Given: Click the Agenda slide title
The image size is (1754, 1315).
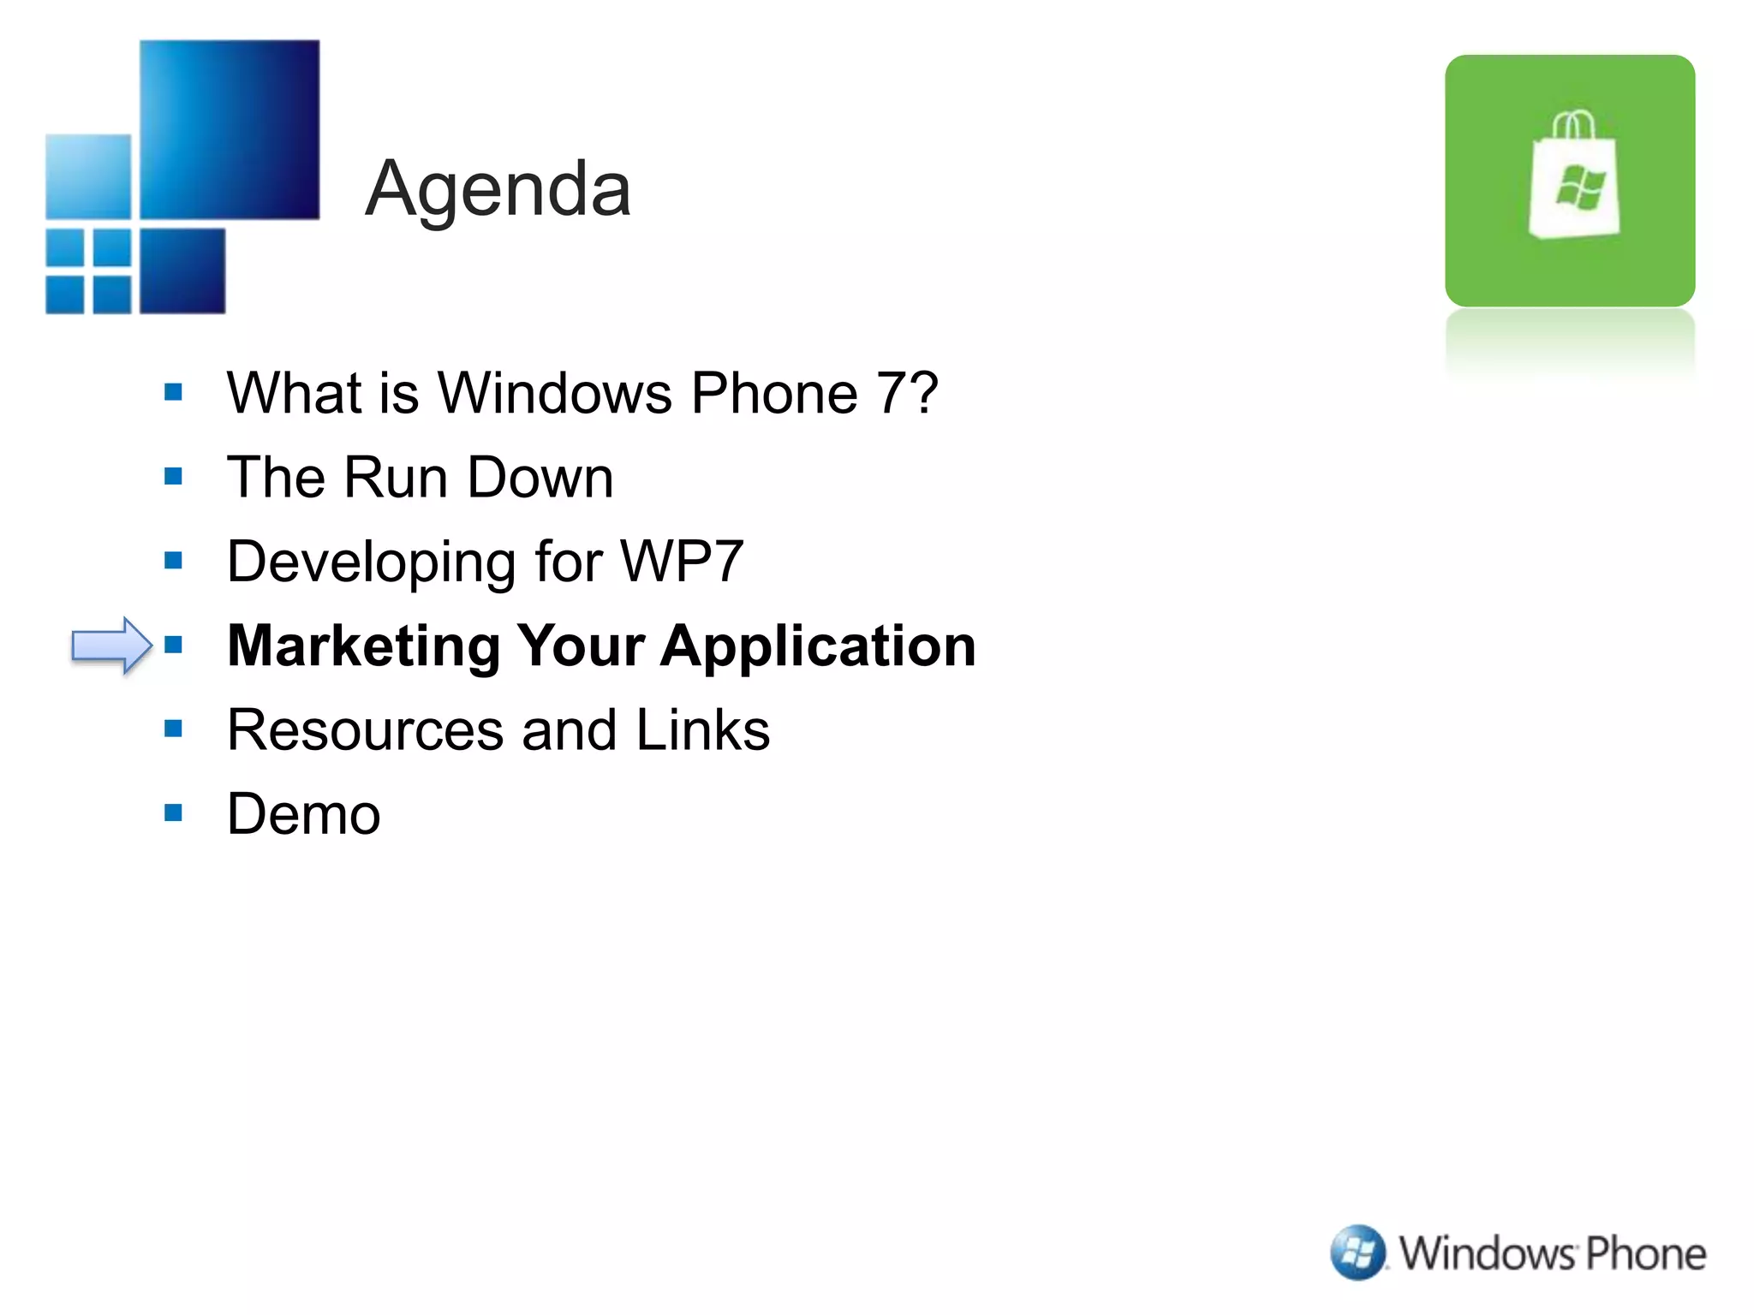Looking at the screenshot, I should click(x=498, y=190).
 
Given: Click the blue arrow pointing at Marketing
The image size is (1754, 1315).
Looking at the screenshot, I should click(x=110, y=645).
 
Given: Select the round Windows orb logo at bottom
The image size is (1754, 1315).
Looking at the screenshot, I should click(x=1357, y=1253).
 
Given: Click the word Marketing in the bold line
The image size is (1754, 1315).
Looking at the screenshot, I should click(x=364, y=646).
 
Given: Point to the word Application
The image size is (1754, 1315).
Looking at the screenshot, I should click(x=818, y=646).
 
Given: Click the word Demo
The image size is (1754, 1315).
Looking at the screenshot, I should click(x=304, y=813).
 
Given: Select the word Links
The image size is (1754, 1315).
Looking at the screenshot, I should click(x=702, y=730).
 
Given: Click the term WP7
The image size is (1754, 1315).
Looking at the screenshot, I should click(x=682, y=562).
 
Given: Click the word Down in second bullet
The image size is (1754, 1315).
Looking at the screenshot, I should click(x=540, y=477).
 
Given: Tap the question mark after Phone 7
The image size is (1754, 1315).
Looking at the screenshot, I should click(x=922, y=393).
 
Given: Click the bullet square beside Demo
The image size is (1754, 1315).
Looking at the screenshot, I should click(x=174, y=812).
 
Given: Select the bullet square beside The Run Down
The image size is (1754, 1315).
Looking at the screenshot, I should click(x=174, y=476).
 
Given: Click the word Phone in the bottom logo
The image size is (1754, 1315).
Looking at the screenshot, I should click(x=1645, y=1253).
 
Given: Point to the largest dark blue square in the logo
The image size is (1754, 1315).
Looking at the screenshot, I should click(x=230, y=128).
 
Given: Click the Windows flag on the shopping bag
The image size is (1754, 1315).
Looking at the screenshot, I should click(x=1580, y=187).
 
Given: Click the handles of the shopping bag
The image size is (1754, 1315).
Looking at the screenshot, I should click(x=1573, y=124).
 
